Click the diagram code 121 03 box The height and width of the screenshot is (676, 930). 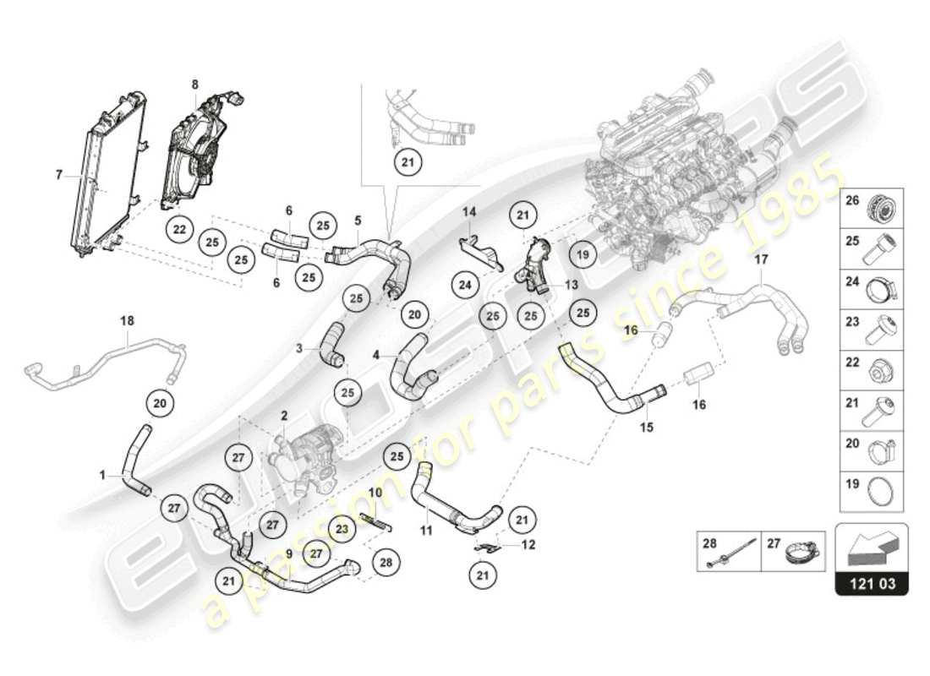[872, 583]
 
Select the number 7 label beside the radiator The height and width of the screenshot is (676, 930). [59, 175]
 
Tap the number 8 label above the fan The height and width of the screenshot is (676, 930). [194, 84]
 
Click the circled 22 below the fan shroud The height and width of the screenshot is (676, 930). [178, 229]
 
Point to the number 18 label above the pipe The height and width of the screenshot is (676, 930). [128, 321]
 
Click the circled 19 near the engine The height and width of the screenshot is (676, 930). [582, 252]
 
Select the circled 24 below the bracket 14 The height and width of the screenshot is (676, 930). [463, 285]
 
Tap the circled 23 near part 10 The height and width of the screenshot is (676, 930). [341, 529]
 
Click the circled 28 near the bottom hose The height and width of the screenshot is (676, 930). [385, 562]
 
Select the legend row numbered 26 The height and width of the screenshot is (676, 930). [872, 205]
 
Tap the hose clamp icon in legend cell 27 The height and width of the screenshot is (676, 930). [801, 551]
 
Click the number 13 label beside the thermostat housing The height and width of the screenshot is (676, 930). [572, 285]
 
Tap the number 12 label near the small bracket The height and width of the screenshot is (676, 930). [528, 544]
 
